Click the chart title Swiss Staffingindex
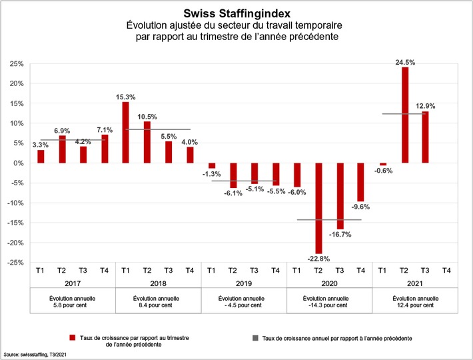click(x=236, y=13)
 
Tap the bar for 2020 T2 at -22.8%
click(x=318, y=208)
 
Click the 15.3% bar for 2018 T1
click(x=126, y=133)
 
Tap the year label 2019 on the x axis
click(x=243, y=283)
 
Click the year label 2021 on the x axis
click(x=414, y=283)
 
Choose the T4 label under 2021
click(x=446, y=270)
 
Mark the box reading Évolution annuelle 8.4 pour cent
click(x=158, y=301)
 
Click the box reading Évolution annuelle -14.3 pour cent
click(x=328, y=301)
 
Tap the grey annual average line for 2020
click(x=328, y=219)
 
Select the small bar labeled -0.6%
click(x=383, y=165)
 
